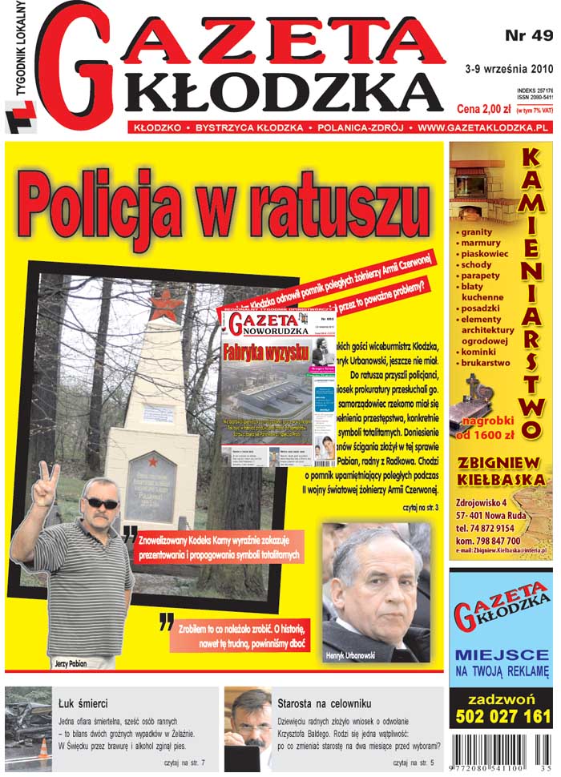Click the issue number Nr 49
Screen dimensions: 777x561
coord(529,36)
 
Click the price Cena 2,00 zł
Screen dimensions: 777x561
coord(482,108)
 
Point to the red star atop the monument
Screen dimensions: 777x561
coord(166,305)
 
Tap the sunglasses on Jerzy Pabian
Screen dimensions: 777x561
coord(102,503)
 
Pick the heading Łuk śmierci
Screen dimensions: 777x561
coord(83,704)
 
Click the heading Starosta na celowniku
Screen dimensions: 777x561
coord(324,704)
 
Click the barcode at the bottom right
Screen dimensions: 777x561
coord(501,752)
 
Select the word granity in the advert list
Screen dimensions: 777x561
coord(478,231)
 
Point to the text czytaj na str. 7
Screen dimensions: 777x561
coord(184,763)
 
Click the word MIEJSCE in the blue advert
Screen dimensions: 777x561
coord(500,654)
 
